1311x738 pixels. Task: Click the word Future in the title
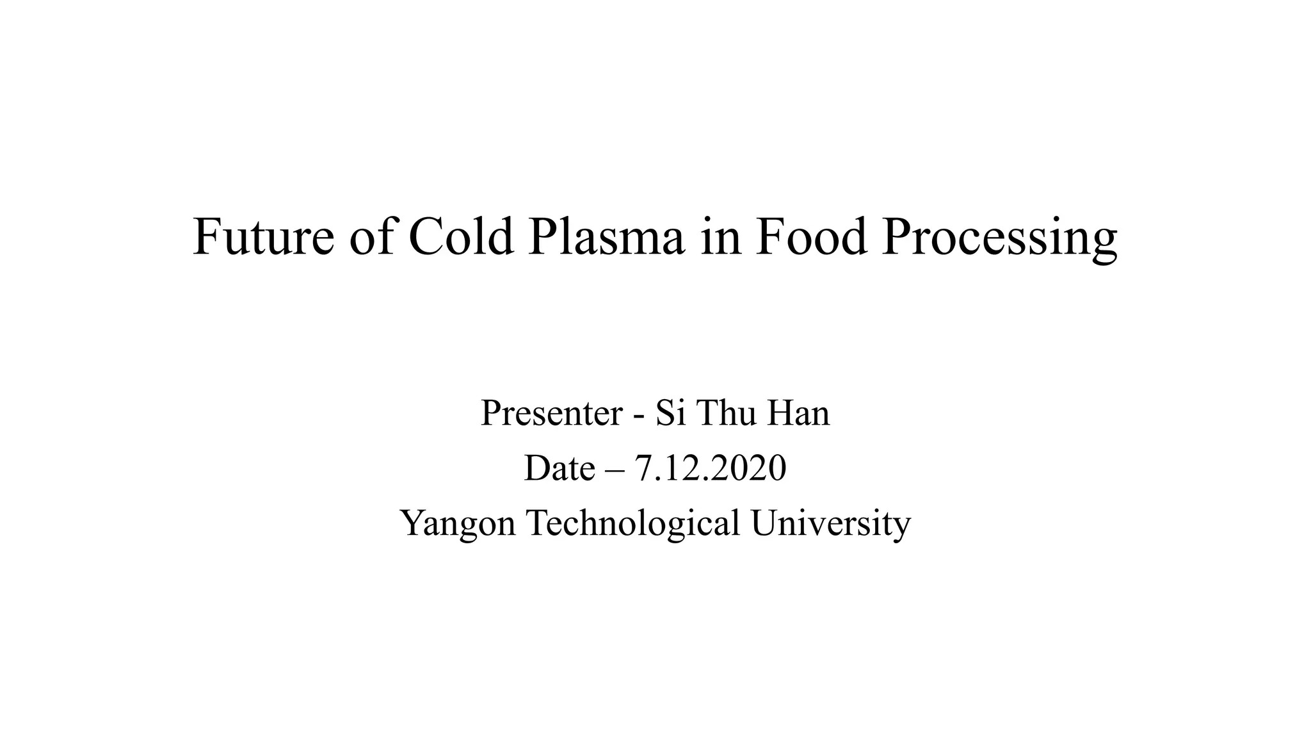click(262, 236)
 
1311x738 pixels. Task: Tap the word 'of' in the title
click(372, 236)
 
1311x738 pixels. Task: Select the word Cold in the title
click(461, 236)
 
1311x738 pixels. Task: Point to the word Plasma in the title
click(606, 236)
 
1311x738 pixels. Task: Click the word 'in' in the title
click(721, 236)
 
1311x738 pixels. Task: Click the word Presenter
click(551, 413)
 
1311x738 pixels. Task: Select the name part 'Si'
click(666, 413)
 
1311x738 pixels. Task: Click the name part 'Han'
click(798, 413)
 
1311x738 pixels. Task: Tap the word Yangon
click(458, 524)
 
